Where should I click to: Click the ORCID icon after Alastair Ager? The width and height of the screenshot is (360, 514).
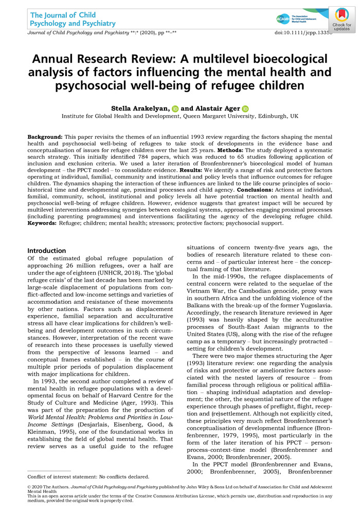point(245,108)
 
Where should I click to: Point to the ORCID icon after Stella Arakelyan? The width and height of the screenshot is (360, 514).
point(175,108)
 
